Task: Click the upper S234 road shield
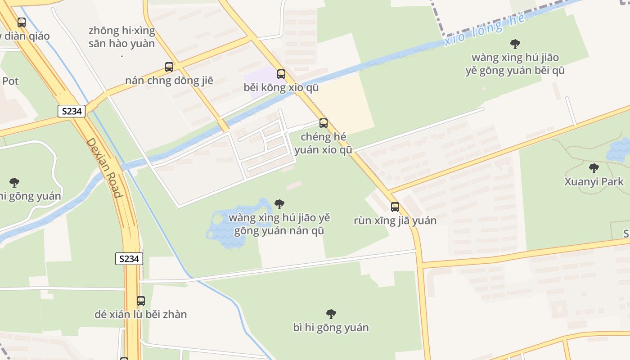point(72,111)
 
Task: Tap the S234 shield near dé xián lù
point(129,259)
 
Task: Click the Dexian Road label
point(104,167)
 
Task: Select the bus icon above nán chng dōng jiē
point(169,67)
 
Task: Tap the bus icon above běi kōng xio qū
point(281,74)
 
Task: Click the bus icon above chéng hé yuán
point(324,123)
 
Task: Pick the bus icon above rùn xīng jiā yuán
point(395,207)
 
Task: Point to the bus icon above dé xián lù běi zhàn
point(141,301)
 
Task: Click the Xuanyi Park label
point(594,182)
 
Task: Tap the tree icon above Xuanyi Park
point(594,169)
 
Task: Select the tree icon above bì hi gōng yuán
point(331,314)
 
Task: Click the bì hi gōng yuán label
point(331,328)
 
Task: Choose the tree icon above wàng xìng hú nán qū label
point(279,204)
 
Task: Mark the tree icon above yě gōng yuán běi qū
point(515,44)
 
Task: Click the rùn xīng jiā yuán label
point(395,220)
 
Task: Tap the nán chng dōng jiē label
point(169,81)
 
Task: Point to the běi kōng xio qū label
point(281,87)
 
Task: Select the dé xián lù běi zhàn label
point(141,314)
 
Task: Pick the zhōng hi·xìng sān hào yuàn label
point(122,37)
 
